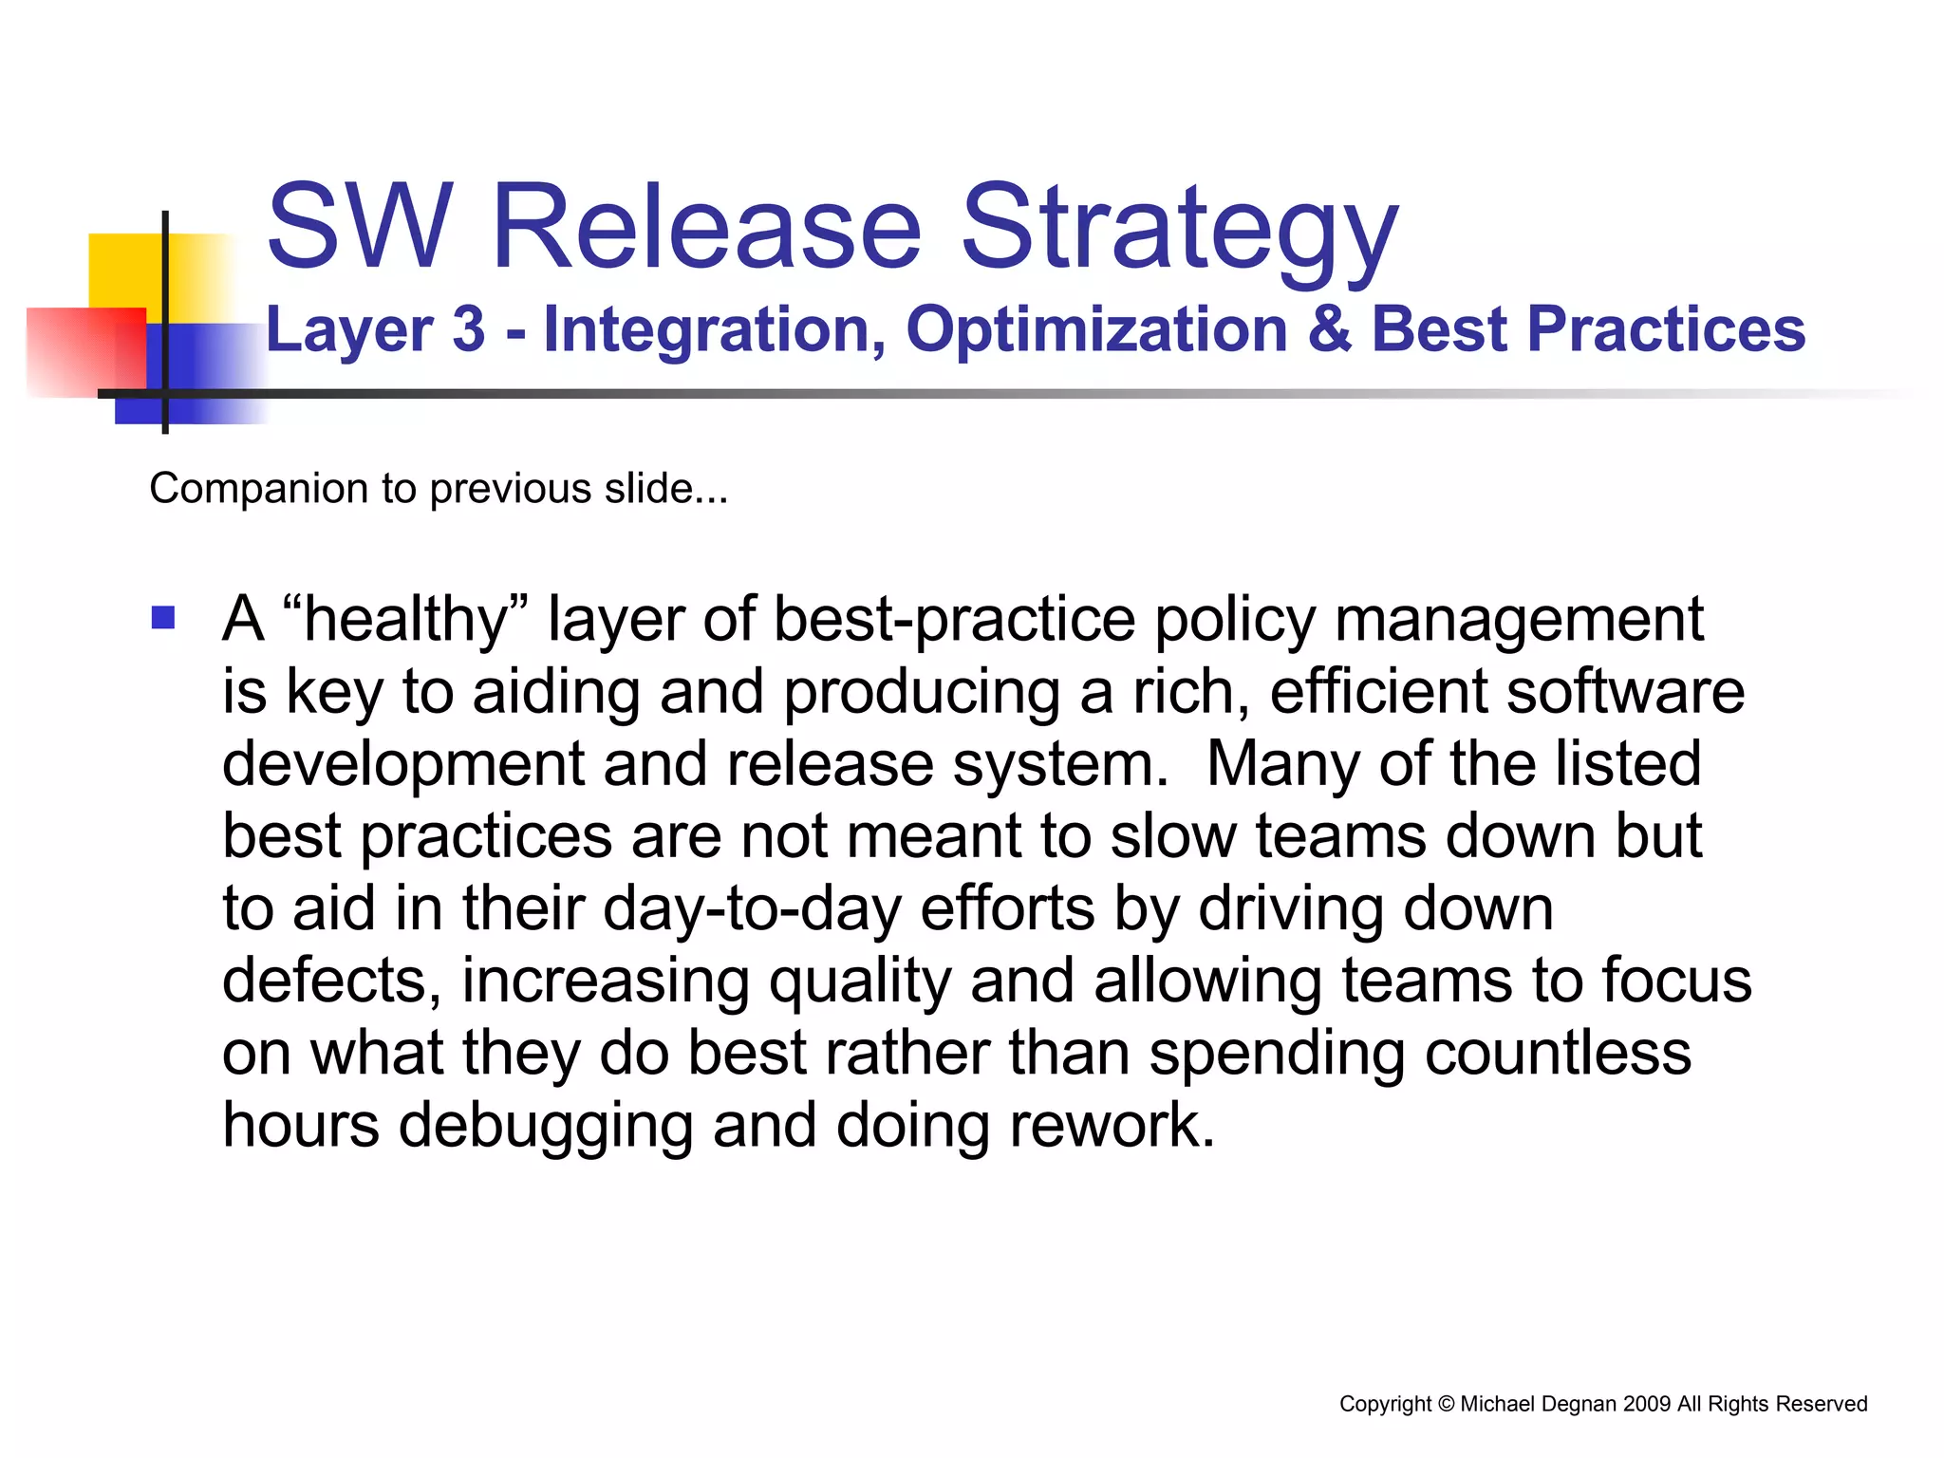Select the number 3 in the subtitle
click(468, 329)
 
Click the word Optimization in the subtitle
click(1095, 329)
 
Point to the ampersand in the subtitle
click(1330, 329)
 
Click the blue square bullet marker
click(163, 619)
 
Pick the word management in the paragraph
click(1519, 620)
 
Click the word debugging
click(545, 1126)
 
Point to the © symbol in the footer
click(1446, 1404)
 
